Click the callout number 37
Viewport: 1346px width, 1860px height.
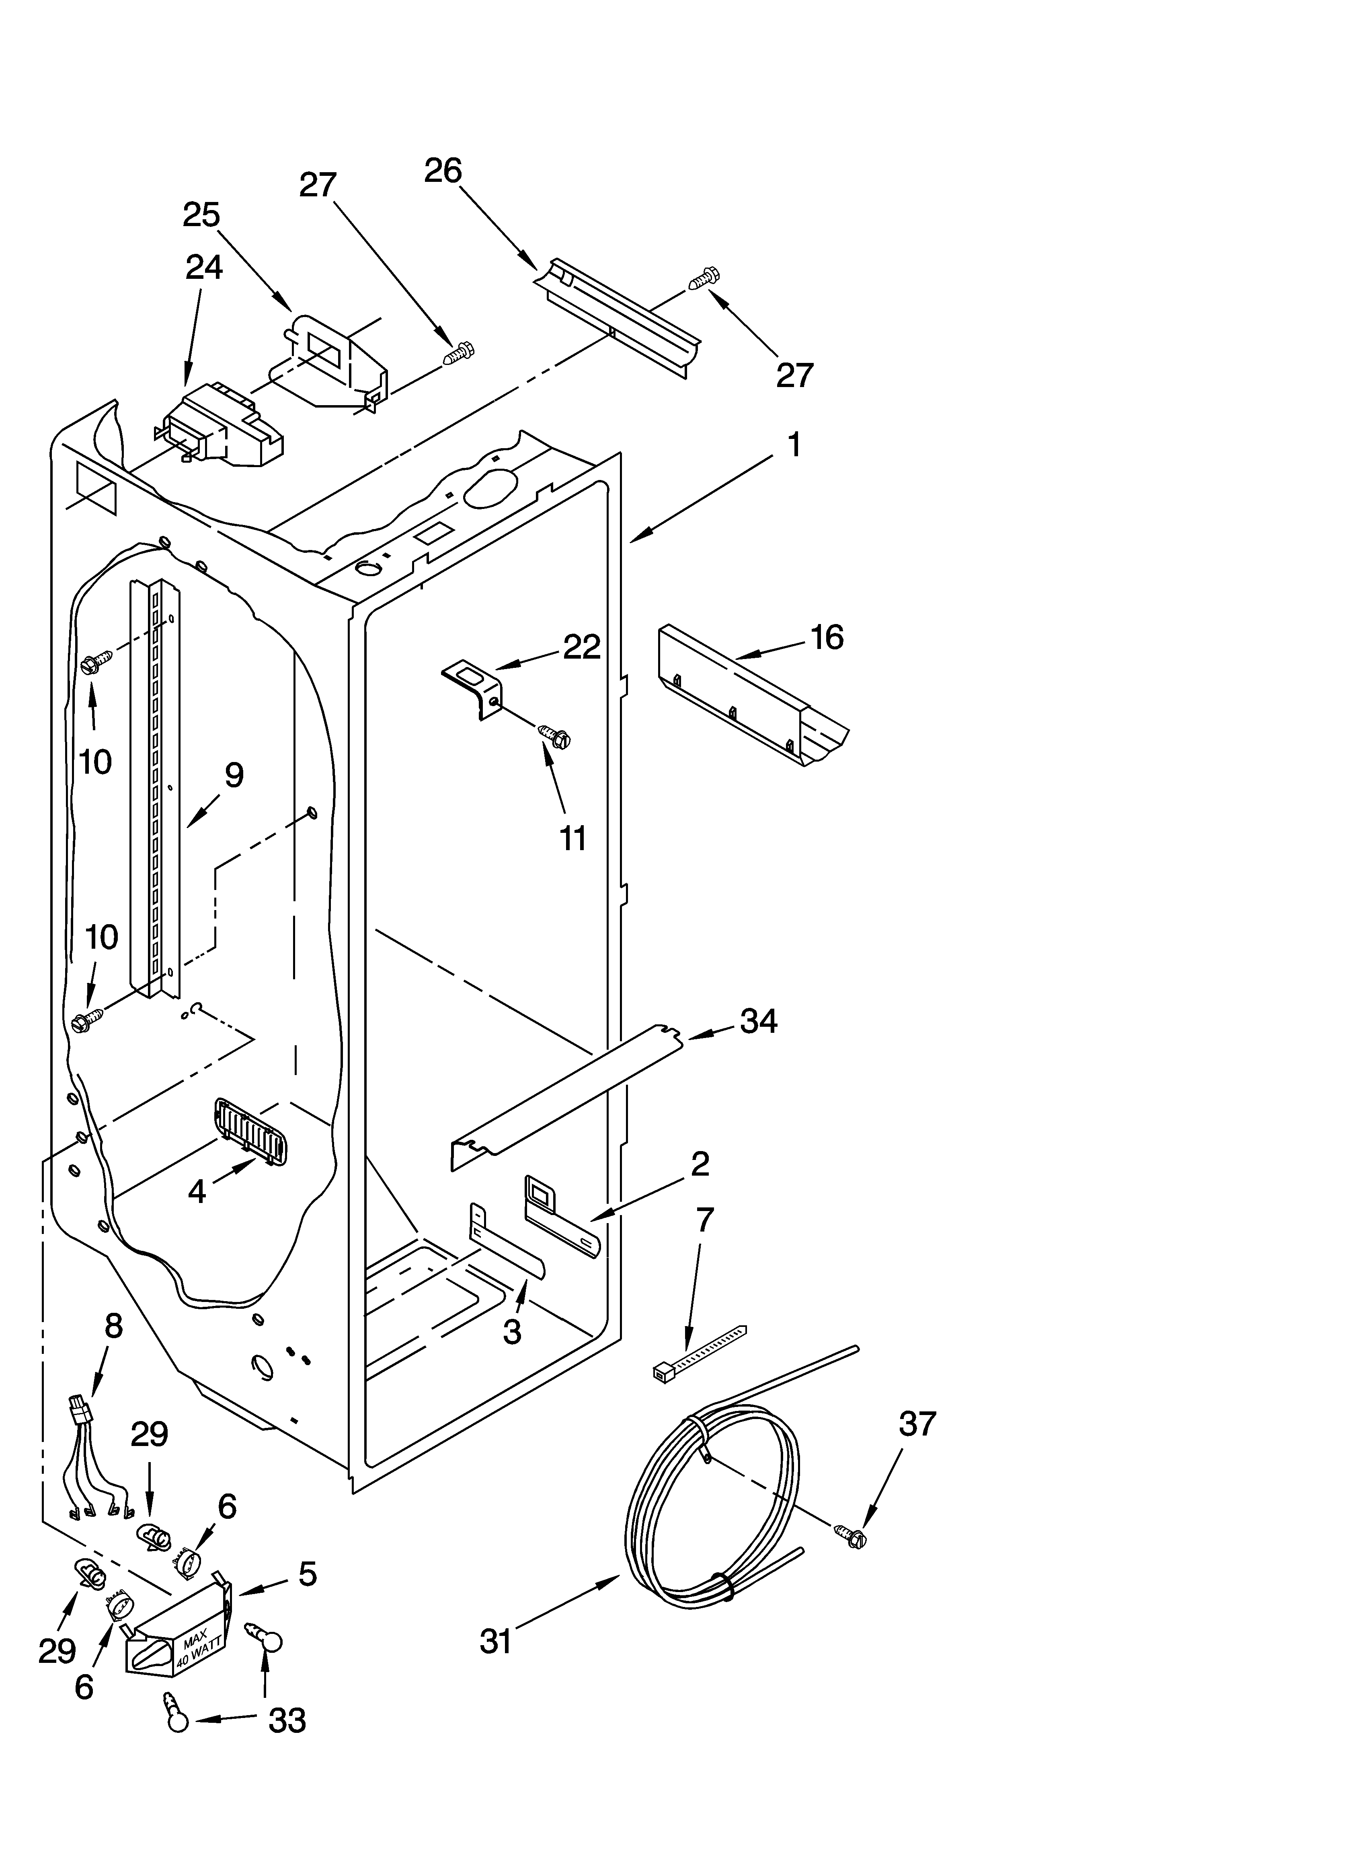[917, 1424]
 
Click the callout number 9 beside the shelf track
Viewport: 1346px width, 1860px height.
[234, 775]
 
